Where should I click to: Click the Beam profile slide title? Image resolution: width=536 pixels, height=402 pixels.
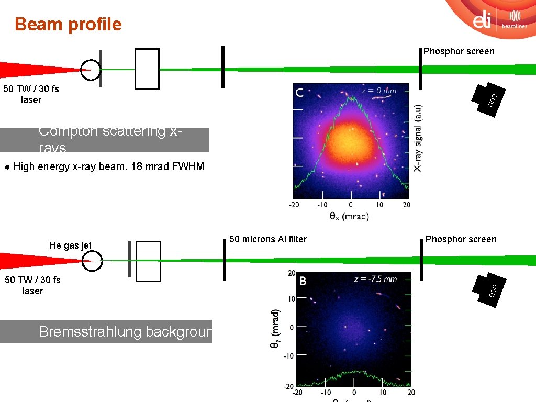click(68, 24)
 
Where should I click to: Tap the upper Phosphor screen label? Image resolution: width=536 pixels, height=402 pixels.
click(459, 51)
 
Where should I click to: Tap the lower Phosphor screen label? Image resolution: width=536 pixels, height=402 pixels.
click(461, 239)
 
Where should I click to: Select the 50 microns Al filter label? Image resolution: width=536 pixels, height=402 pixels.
click(268, 239)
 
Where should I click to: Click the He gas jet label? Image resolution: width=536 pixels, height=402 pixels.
click(70, 245)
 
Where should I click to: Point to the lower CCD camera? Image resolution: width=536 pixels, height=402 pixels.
click(489, 288)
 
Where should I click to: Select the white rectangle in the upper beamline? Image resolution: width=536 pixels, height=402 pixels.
click(147, 69)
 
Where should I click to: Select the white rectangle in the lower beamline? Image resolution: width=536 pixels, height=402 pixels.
click(148, 261)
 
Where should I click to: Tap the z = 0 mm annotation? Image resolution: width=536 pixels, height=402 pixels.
click(379, 91)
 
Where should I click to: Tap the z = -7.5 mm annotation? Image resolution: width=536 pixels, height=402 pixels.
click(375, 279)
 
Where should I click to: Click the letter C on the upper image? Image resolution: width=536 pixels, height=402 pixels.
click(300, 93)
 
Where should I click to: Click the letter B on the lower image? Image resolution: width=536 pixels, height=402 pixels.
click(303, 281)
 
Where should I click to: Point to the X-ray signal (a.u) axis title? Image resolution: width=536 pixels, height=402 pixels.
click(417, 137)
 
